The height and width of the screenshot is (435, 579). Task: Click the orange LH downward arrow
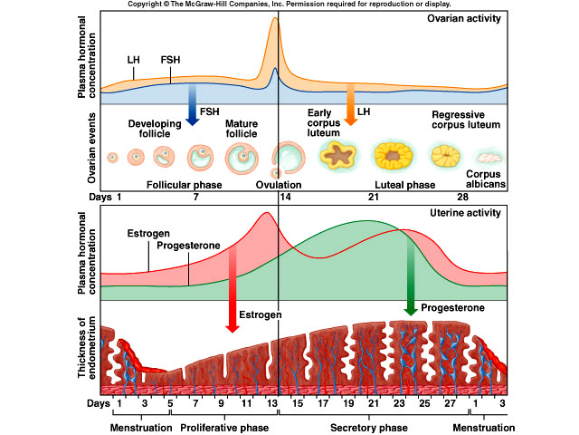349,108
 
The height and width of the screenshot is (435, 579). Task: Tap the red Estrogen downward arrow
232,299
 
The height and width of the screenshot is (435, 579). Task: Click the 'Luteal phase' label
406,184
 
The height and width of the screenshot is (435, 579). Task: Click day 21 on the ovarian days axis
372,196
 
